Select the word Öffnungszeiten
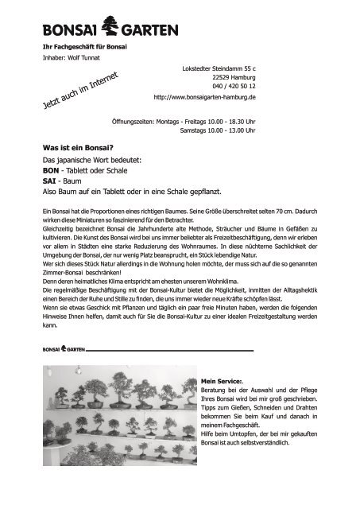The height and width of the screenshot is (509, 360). point(137,122)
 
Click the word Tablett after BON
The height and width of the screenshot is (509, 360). point(86,171)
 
